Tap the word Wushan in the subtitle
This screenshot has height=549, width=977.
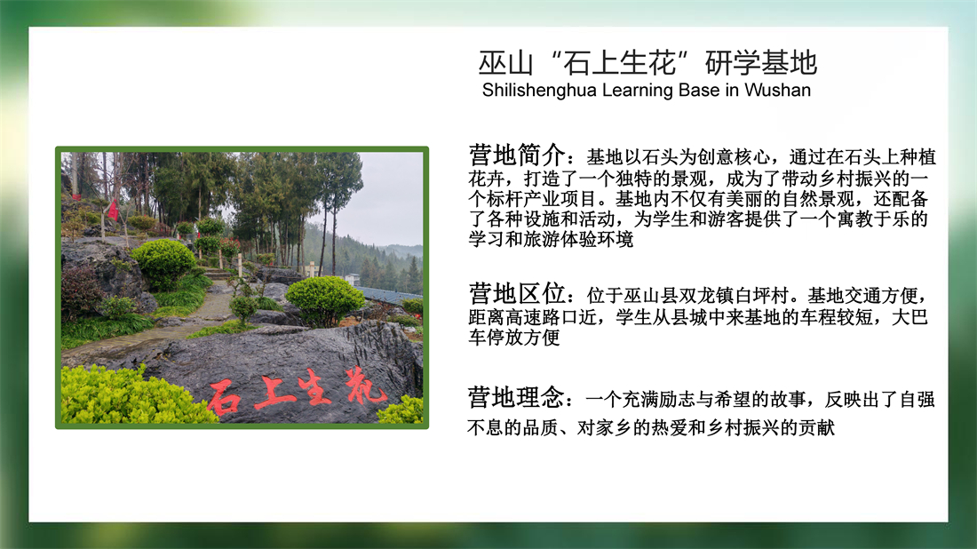click(778, 90)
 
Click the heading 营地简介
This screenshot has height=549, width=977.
click(517, 155)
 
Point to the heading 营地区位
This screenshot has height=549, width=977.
click(517, 293)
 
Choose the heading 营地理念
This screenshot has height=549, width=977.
click(517, 397)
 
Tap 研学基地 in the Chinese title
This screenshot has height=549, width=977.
click(761, 63)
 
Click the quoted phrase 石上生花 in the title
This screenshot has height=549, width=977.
click(619, 63)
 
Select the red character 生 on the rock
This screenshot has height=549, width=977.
click(314, 387)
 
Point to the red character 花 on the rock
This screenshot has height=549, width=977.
click(365, 385)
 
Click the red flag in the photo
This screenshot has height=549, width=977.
click(113, 210)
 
